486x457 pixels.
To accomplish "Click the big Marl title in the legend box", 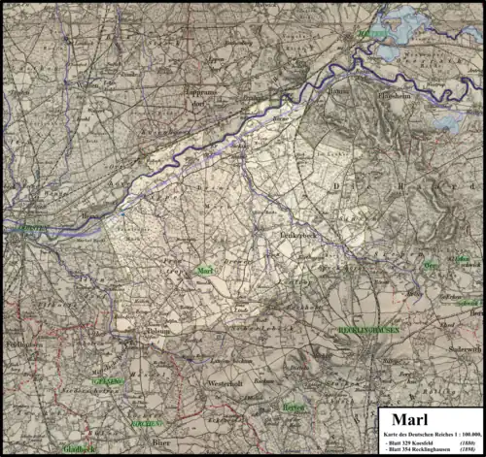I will coord(403,420).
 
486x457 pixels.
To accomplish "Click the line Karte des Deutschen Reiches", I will coord(429,432).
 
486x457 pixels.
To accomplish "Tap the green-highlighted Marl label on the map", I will coord(204,271).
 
